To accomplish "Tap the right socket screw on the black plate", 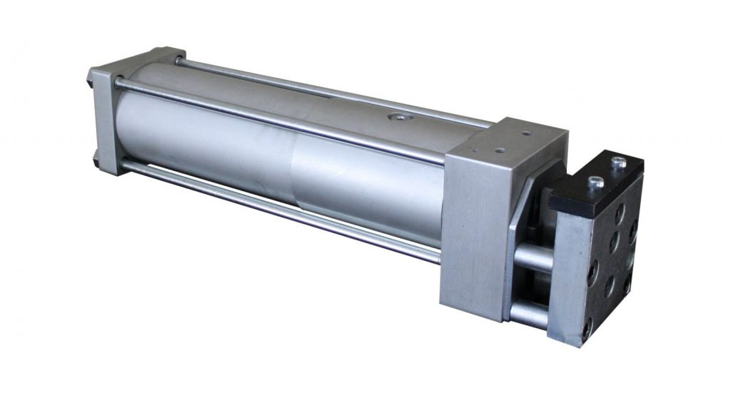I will point(618,163).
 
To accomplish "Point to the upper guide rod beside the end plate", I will point(533,256).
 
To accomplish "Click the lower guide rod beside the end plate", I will point(529,313).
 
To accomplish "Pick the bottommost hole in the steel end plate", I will point(587,329).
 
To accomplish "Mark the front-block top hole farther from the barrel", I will point(526,133).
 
